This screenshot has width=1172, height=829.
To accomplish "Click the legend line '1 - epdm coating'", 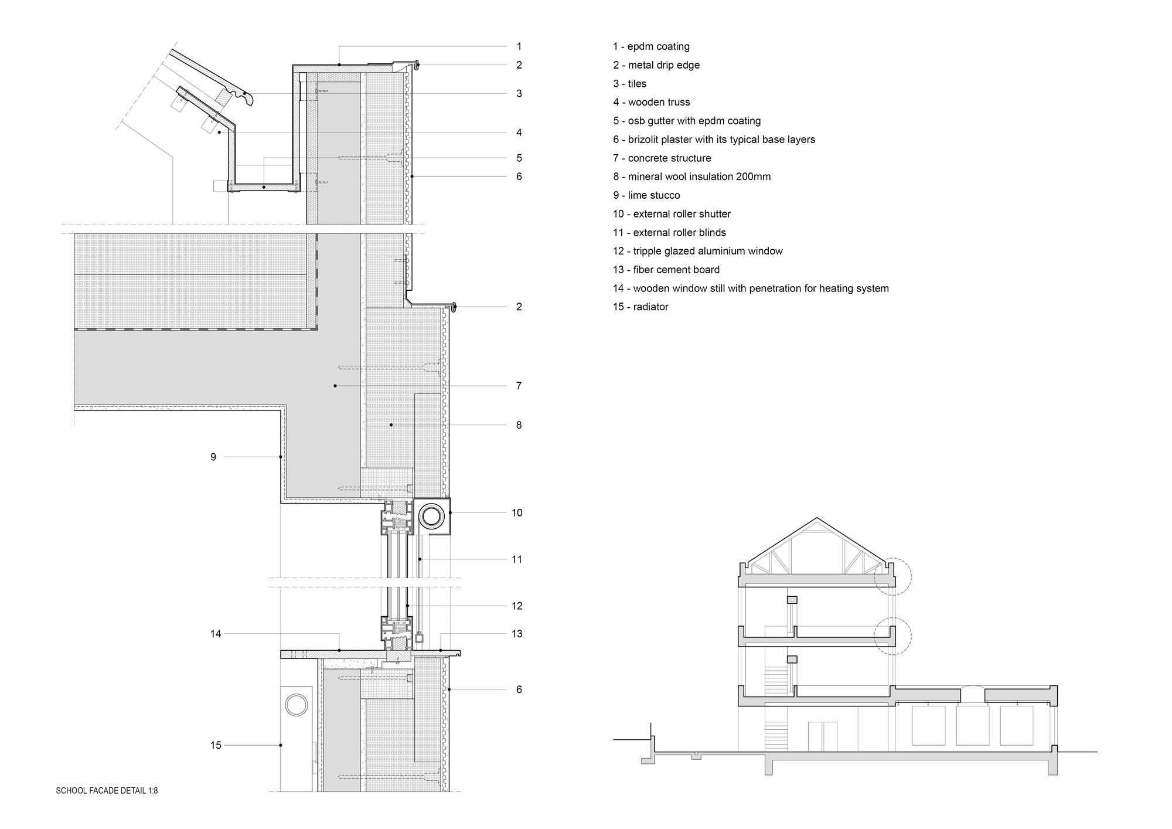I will pos(651,46).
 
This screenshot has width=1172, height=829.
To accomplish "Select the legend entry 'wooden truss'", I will pos(652,102).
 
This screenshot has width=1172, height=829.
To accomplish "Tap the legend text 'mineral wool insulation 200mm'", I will pos(691,176).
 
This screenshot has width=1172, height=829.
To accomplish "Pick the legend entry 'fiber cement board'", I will pos(666,270).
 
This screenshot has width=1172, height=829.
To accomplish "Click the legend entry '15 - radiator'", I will pos(640,307).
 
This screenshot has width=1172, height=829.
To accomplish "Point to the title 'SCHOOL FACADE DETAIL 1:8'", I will pos(107,791).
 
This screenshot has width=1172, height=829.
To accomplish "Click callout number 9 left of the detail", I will pos(213,457).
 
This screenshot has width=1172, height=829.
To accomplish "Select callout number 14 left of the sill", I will pos(216,634).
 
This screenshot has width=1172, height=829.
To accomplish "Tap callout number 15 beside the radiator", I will pos(216,745).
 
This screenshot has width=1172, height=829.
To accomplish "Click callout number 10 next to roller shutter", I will pos(517,513).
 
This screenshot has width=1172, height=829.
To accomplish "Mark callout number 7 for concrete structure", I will pos(519,386).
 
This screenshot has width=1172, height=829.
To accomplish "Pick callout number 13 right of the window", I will pos(517,634).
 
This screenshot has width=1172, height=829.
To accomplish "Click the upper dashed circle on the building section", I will pos(892,576).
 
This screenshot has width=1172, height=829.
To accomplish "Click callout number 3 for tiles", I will pos(519,93).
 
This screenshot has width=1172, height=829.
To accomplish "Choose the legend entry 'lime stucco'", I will pos(646,195).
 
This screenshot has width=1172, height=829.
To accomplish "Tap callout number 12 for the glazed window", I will pos(517,606).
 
